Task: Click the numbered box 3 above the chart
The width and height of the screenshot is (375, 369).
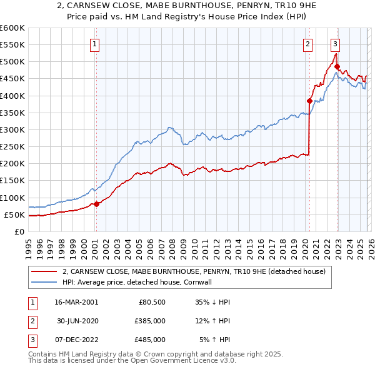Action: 336,44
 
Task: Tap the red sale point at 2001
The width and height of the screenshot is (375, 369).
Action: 96,204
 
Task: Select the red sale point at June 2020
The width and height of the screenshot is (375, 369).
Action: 309,101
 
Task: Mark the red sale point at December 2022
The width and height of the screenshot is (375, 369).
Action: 337,67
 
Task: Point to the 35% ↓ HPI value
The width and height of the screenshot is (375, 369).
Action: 213,301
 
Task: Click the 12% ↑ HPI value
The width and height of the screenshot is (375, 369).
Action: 213,321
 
